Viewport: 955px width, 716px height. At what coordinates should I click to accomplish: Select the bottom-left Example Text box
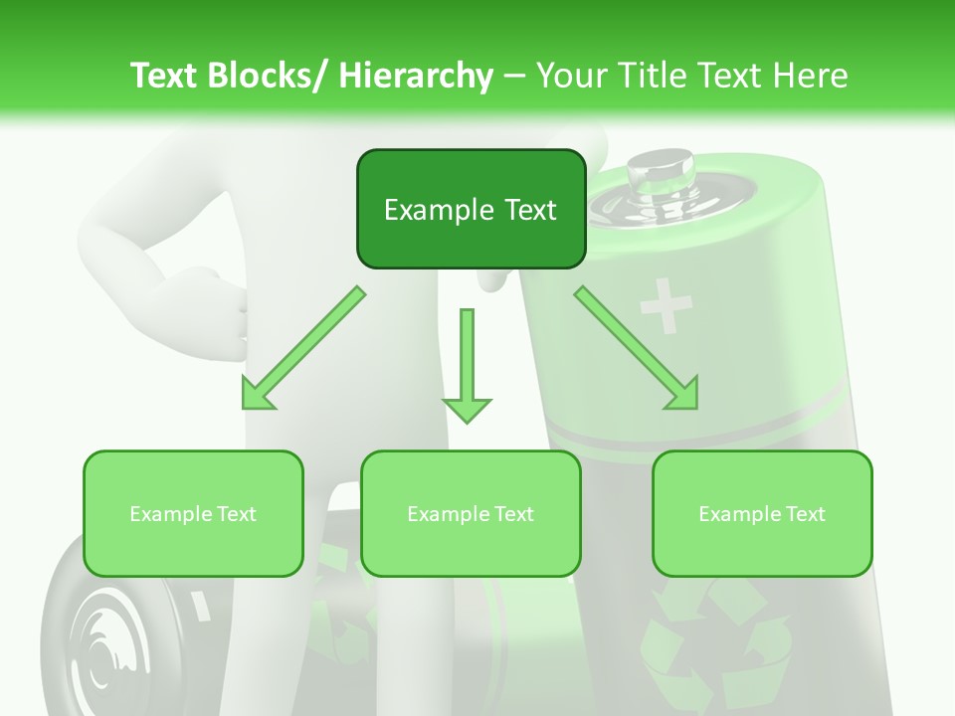193,513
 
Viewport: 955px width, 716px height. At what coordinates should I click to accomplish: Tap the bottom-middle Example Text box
471,513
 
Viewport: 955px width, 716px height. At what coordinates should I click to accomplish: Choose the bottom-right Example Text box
762,513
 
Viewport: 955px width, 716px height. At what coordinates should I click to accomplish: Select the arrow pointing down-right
638,349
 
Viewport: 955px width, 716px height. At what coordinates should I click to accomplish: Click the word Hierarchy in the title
416,76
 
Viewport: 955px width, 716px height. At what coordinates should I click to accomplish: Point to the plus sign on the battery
666,304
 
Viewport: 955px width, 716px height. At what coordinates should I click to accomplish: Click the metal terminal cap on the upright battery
660,173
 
